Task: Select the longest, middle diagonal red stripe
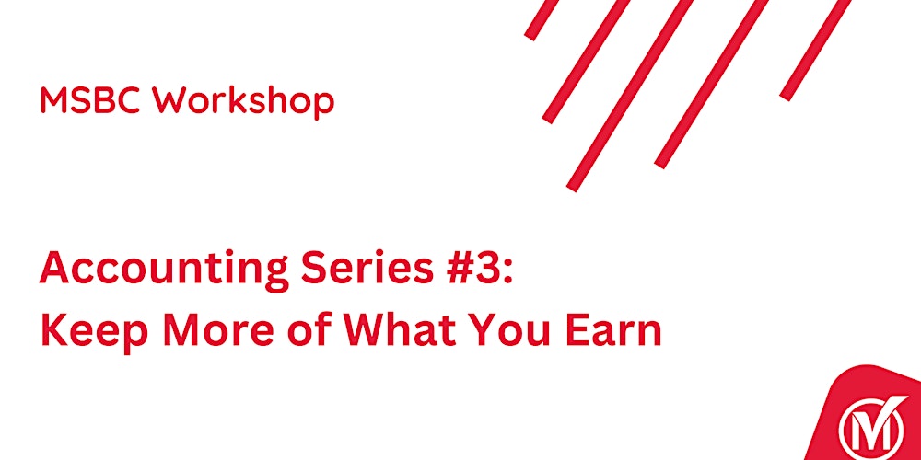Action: (x=632, y=92)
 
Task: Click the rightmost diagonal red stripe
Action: (x=816, y=48)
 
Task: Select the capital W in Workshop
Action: (x=171, y=100)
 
